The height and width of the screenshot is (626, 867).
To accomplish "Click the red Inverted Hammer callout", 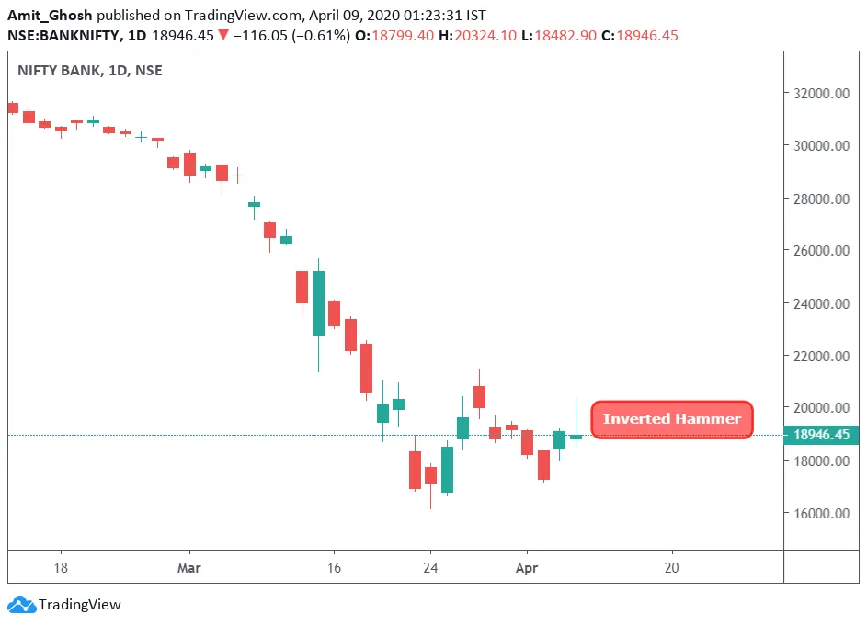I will pyautogui.click(x=672, y=419).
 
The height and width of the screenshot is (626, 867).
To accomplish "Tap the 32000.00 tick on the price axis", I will pyautogui.click(x=820, y=93).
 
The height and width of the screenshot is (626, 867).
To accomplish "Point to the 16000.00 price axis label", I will pyautogui.click(x=820, y=514).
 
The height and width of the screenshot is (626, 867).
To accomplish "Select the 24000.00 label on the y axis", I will pyautogui.click(x=820, y=303).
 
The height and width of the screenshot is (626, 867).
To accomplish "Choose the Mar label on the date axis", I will pyautogui.click(x=189, y=568).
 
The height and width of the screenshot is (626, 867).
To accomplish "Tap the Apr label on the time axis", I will pyautogui.click(x=527, y=568).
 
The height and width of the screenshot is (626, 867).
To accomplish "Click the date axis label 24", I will pyautogui.click(x=429, y=568).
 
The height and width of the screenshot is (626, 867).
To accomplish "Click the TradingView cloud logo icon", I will pyautogui.click(x=20, y=605).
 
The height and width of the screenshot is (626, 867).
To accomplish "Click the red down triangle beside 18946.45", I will pyautogui.click(x=223, y=35).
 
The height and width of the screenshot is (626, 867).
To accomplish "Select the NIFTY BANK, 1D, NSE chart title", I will pyautogui.click(x=89, y=70).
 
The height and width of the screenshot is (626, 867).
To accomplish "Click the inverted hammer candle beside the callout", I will pyautogui.click(x=576, y=436).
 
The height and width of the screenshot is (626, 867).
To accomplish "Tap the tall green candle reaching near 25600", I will pyautogui.click(x=318, y=303).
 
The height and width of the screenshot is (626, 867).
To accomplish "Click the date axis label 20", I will pyautogui.click(x=671, y=568).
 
